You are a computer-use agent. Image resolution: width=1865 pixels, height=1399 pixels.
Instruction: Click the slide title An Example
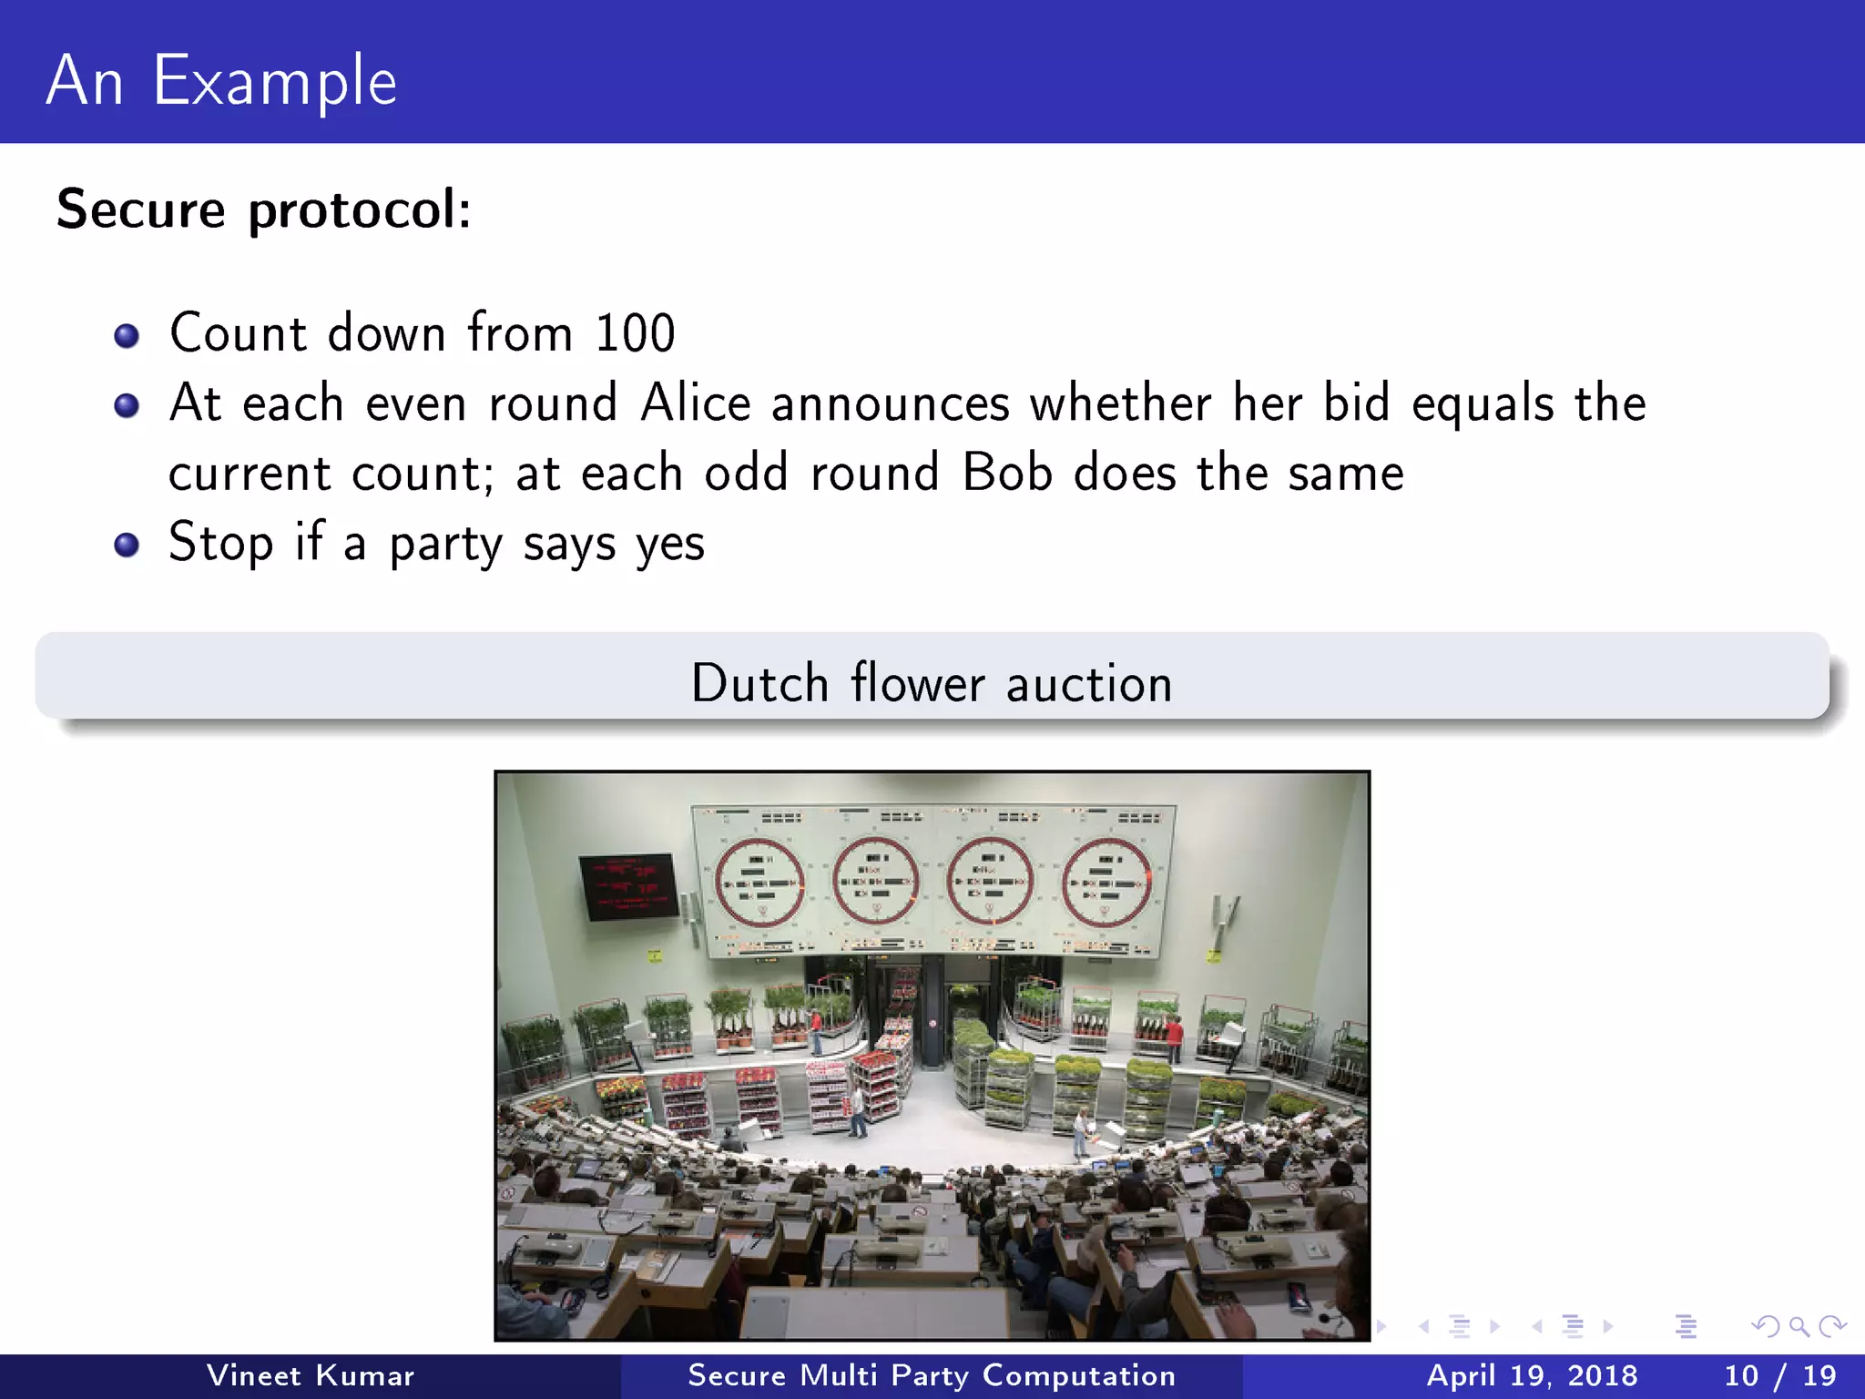click(x=221, y=80)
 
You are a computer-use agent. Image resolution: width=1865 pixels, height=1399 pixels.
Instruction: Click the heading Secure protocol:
click(x=264, y=209)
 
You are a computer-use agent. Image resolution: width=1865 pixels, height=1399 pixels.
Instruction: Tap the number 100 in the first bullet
click(x=635, y=332)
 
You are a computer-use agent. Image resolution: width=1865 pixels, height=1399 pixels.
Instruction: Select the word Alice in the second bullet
click(x=696, y=403)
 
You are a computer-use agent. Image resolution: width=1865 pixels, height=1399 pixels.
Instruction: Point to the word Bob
click(x=1007, y=473)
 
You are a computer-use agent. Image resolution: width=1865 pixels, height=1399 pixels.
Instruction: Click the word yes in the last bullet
click(x=670, y=544)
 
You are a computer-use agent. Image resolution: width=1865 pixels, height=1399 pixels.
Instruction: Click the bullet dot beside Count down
click(x=127, y=336)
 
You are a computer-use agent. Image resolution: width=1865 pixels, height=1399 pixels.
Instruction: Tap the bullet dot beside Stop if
click(x=127, y=545)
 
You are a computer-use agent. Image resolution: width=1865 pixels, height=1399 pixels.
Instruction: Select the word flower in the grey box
click(x=918, y=683)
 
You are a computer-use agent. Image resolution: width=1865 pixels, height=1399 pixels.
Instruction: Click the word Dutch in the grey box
click(x=759, y=683)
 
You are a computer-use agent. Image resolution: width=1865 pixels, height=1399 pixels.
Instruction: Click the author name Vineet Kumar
click(x=310, y=1375)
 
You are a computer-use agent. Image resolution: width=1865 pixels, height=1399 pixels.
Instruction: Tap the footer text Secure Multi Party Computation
click(x=932, y=1375)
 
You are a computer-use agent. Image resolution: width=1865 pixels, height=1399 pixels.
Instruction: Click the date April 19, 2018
click(x=1532, y=1375)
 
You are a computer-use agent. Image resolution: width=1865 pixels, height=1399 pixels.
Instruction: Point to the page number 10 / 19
click(x=1779, y=1375)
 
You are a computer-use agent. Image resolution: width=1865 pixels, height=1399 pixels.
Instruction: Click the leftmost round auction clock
click(x=759, y=882)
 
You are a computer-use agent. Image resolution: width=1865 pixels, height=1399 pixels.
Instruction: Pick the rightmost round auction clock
click(x=1107, y=882)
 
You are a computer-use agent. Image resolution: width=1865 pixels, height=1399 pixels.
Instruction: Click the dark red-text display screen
click(x=628, y=885)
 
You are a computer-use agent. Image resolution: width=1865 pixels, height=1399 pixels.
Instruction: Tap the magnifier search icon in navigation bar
click(x=1799, y=1326)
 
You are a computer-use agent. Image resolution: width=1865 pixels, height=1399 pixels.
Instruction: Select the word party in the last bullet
click(x=445, y=544)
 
